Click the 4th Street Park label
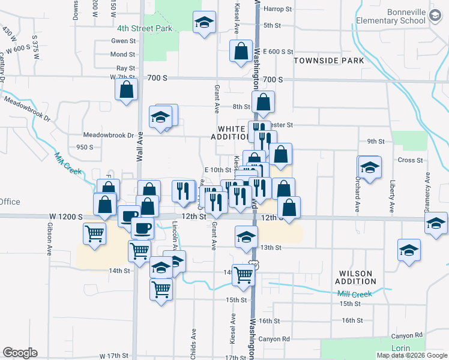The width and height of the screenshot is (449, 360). tap(145, 28)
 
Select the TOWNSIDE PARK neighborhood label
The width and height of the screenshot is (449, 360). tap(328, 61)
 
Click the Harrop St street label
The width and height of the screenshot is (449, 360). tap(277, 10)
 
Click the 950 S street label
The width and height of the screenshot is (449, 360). tap(85, 146)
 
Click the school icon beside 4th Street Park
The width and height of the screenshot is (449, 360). tap(205, 23)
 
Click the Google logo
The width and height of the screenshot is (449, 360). tap(20, 353)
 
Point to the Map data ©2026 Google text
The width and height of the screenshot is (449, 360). tap(412, 355)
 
